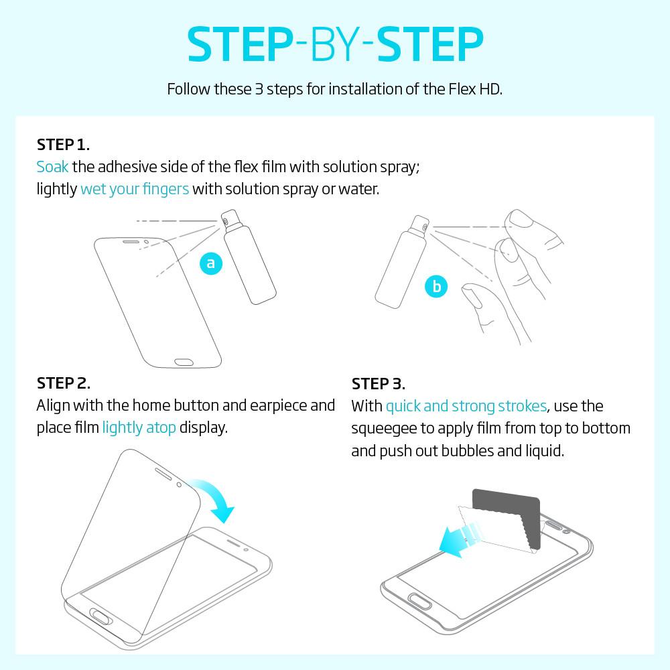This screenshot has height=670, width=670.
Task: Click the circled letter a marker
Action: [211, 263]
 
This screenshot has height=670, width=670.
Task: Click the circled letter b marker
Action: [436, 286]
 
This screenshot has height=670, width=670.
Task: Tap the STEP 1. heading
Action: [63, 145]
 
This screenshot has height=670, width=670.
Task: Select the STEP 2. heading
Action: [64, 383]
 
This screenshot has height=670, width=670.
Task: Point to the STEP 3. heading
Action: [378, 384]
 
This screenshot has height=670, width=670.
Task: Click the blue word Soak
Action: [52, 167]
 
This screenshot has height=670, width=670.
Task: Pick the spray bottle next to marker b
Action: [401, 261]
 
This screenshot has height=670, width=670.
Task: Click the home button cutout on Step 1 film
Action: [184, 362]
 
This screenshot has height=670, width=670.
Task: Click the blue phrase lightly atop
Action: [139, 427]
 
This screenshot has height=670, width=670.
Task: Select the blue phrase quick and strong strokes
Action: [466, 406]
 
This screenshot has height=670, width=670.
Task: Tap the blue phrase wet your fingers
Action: [135, 189]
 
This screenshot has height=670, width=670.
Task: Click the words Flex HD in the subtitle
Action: [476, 89]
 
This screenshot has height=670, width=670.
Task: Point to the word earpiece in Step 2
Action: [278, 406]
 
